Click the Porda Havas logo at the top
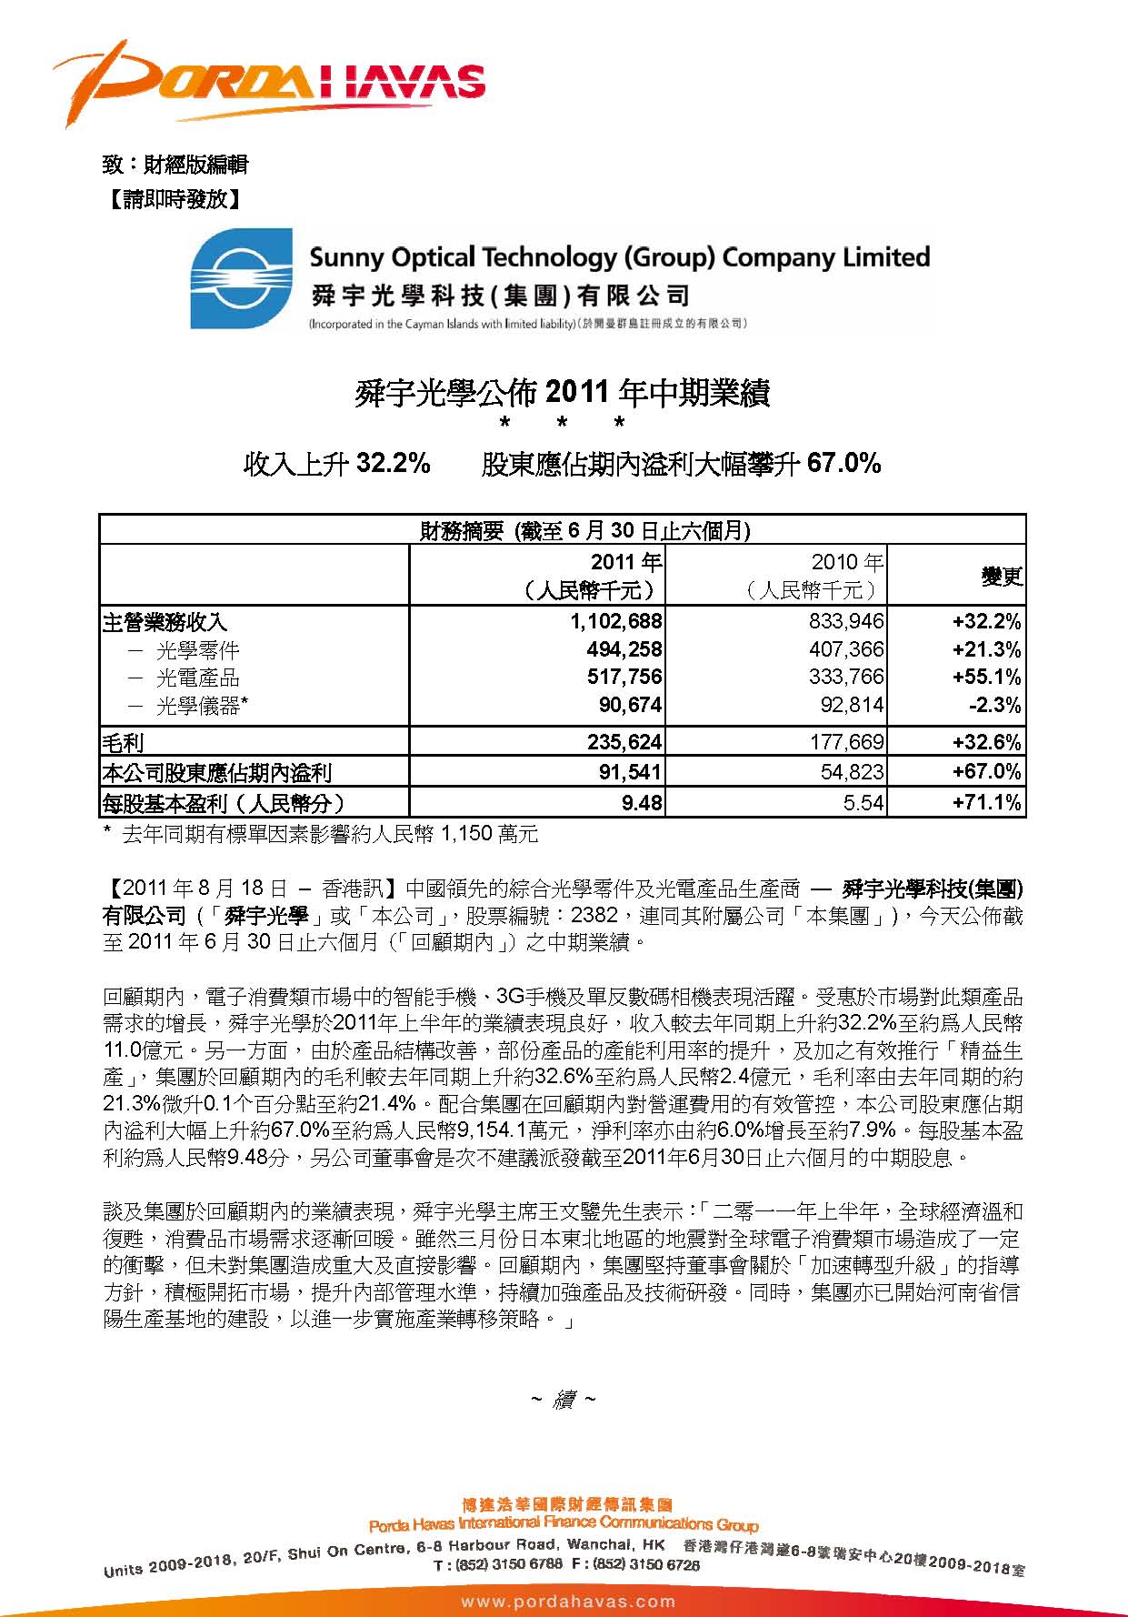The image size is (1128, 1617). (268, 81)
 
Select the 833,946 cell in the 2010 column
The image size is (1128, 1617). (846, 622)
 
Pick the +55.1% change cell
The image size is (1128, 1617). (986, 678)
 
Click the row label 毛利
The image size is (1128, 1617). (124, 743)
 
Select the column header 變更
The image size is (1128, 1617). (1001, 576)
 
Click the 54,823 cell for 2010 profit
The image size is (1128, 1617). (853, 773)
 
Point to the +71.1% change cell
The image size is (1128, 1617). (986, 803)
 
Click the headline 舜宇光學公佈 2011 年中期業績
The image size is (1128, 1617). (563, 394)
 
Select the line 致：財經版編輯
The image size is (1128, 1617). (175, 165)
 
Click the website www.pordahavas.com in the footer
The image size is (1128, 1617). (568, 1602)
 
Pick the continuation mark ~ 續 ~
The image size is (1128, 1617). (563, 1401)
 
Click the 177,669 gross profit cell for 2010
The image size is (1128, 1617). (846, 743)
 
